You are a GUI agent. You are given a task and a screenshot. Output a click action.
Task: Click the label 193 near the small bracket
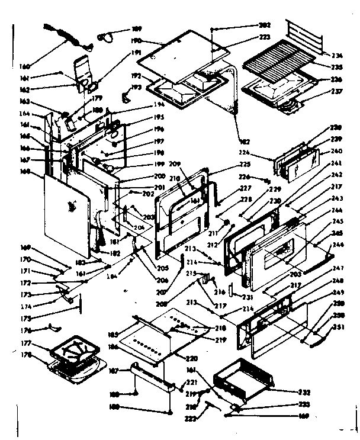point(138,87)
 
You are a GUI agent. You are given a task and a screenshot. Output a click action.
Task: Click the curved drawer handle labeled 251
point(313,339)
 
